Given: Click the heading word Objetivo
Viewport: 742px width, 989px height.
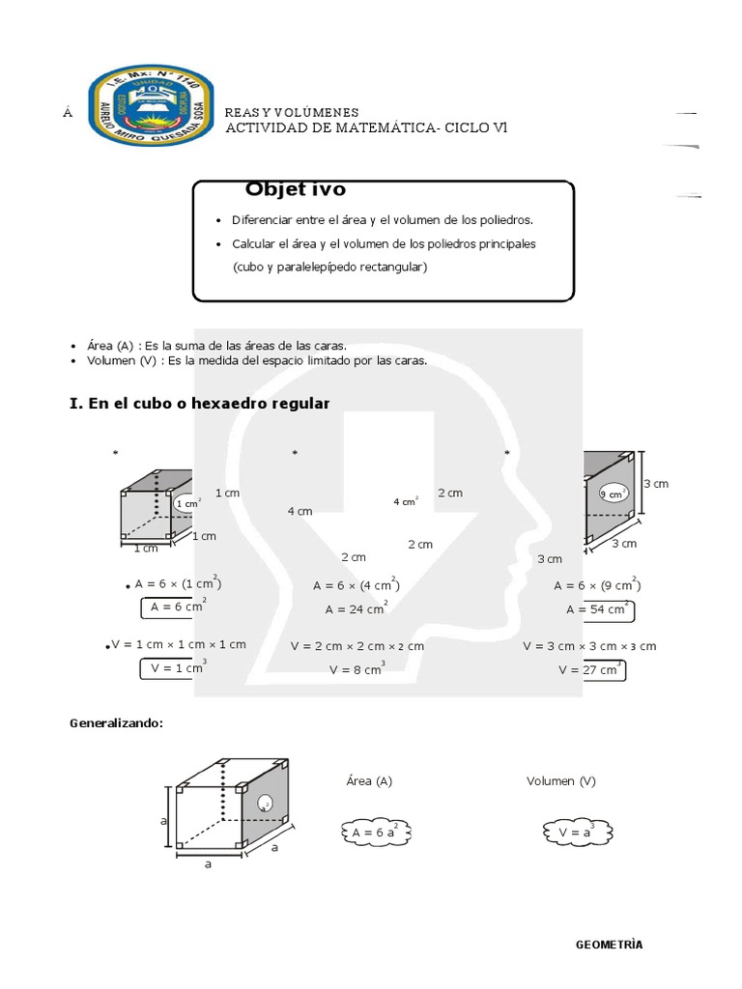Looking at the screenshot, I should pos(295,189).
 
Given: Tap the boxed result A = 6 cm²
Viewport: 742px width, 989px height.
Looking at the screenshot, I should pos(174,608).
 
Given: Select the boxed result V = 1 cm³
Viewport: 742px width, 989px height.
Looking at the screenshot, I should pos(174,667).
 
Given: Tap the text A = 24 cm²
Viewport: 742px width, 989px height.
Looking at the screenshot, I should pos(357,609).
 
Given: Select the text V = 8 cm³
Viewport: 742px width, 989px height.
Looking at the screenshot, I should pos(357,668).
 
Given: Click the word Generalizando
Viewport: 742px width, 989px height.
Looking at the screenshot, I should pos(116,722).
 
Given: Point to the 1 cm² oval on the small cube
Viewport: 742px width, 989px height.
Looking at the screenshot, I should pos(187,503).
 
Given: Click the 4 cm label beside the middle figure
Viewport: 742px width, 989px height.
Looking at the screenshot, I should pos(300,511).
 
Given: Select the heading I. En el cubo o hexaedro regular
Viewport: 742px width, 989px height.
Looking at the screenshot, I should pos(200,404).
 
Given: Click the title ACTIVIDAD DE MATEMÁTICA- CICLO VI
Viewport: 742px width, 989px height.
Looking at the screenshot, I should pos(366,128).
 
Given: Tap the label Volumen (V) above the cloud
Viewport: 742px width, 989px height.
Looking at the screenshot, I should pos(560,780).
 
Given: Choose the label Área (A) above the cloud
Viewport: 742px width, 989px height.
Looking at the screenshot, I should pos(368,780).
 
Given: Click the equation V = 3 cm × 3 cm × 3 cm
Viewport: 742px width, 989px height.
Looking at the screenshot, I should pos(589,646).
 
